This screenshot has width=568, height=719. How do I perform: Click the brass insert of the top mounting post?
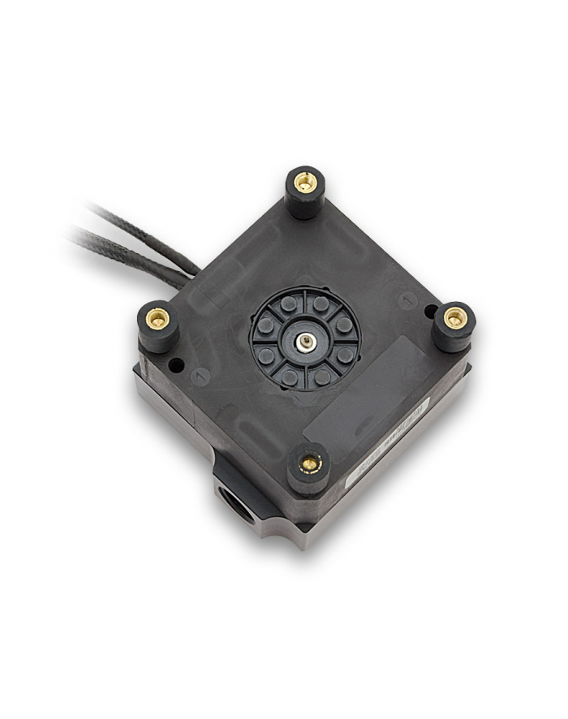click(x=304, y=183)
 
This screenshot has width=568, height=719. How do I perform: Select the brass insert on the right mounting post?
click(x=455, y=318)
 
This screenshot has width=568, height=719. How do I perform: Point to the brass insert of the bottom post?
click(x=309, y=463)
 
